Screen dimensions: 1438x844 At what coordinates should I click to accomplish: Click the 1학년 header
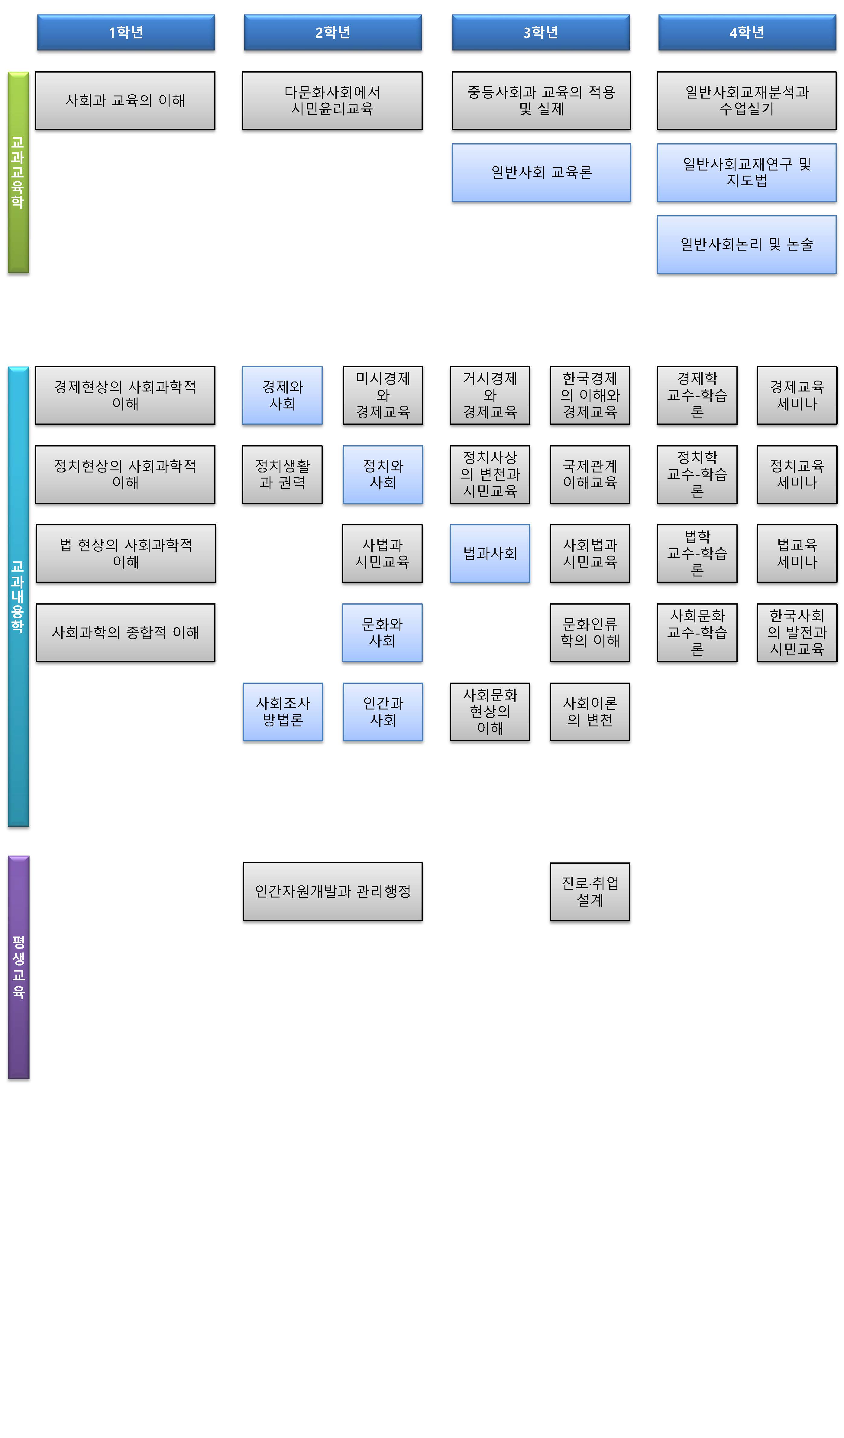tap(126, 33)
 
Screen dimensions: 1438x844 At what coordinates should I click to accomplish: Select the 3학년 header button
tap(541, 33)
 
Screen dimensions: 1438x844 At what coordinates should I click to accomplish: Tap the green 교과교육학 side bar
tap(18, 172)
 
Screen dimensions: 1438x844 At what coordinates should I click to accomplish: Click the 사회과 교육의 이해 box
tap(125, 100)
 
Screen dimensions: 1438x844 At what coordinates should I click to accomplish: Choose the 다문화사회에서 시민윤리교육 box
tap(332, 100)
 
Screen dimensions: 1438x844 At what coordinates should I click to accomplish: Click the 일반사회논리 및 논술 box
tap(746, 244)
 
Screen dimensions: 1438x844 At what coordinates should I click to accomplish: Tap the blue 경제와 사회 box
tap(282, 395)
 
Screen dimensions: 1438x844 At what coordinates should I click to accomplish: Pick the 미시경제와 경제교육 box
tap(383, 395)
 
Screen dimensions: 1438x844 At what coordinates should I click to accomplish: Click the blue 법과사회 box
tap(490, 553)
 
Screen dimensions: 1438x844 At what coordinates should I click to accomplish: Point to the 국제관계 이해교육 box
tap(590, 474)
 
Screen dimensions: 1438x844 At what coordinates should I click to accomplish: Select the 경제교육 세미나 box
tap(797, 395)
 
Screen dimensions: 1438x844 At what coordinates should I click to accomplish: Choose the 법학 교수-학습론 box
tap(697, 553)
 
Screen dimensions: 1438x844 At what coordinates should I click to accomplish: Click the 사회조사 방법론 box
tap(283, 712)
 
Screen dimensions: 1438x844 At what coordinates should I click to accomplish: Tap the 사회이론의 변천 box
tap(590, 712)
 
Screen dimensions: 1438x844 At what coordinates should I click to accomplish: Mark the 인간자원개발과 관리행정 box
tap(332, 891)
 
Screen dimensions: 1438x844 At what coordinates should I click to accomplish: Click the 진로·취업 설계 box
tap(590, 891)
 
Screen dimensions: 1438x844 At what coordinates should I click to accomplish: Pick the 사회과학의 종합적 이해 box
tap(125, 632)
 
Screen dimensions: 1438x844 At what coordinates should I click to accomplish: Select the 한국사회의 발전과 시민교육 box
tap(797, 632)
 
